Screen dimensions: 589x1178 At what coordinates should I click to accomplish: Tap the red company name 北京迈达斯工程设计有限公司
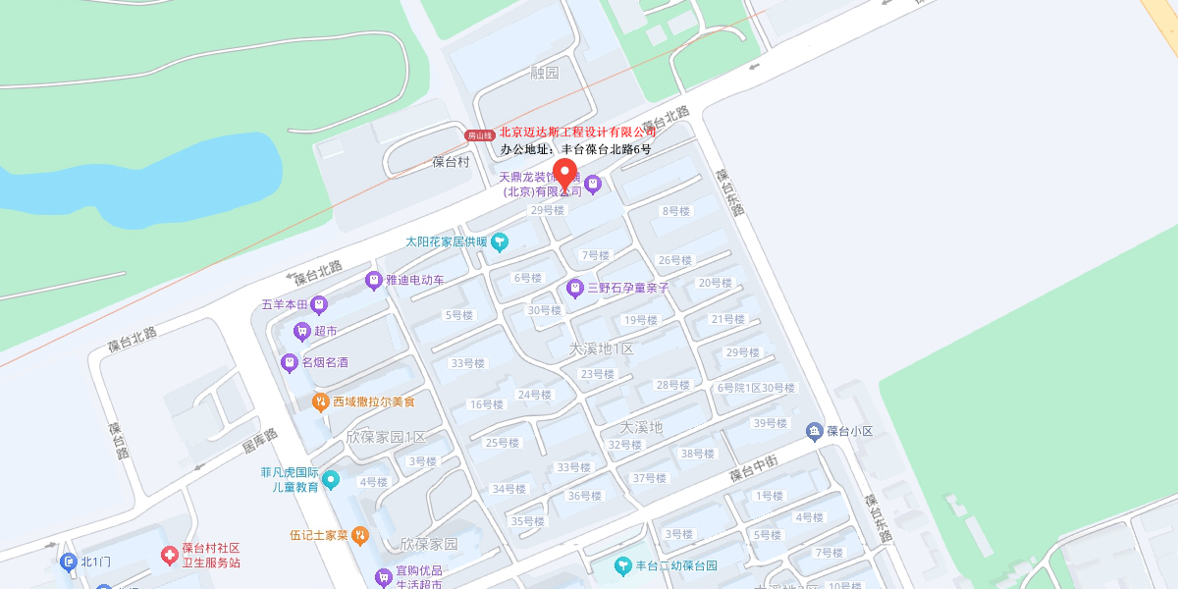[x=577, y=132]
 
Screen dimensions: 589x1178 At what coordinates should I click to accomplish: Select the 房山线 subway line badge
[x=480, y=134]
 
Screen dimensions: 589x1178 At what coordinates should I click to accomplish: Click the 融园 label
[x=544, y=73]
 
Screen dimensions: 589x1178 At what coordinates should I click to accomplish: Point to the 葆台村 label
[x=452, y=162]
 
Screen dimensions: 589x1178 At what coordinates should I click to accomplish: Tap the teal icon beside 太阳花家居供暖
[x=500, y=241]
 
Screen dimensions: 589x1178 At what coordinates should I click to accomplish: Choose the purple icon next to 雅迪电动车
[x=374, y=280]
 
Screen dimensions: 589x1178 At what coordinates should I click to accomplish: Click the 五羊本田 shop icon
[x=319, y=304]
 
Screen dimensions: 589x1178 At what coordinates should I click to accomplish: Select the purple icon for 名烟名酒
[x=290, y=362]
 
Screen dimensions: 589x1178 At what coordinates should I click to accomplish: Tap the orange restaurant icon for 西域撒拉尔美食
[x=320, y=402]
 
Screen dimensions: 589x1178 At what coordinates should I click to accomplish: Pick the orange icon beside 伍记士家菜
[x=360, y=535]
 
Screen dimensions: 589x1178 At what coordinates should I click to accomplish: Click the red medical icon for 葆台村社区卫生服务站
[x=170, y=556]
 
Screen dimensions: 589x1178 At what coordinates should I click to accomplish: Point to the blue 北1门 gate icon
[x=68, y=562]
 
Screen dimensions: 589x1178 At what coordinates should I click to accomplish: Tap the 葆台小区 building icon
[x=814, y=431]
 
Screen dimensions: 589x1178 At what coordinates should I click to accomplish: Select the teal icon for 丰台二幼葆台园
[x=622, y=565]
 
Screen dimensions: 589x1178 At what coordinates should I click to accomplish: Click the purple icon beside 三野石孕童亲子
[x=575, y=288]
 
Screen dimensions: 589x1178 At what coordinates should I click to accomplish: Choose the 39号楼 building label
[x=771, y=423]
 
